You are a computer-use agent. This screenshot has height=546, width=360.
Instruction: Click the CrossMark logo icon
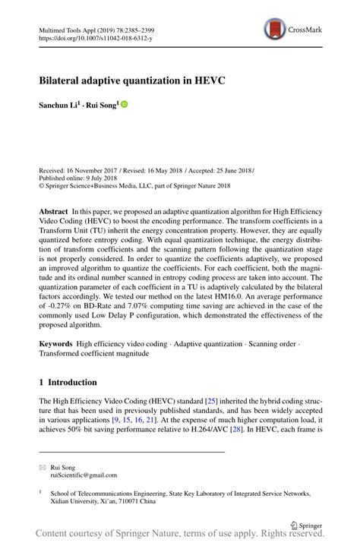[x=275, y=30]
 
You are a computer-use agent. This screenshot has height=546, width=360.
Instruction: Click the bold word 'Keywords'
[x=56, y=343]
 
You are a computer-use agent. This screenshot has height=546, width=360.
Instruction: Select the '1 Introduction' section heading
[x=68, y=383]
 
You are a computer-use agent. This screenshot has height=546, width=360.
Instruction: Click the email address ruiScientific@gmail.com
[x=84, y=475]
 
